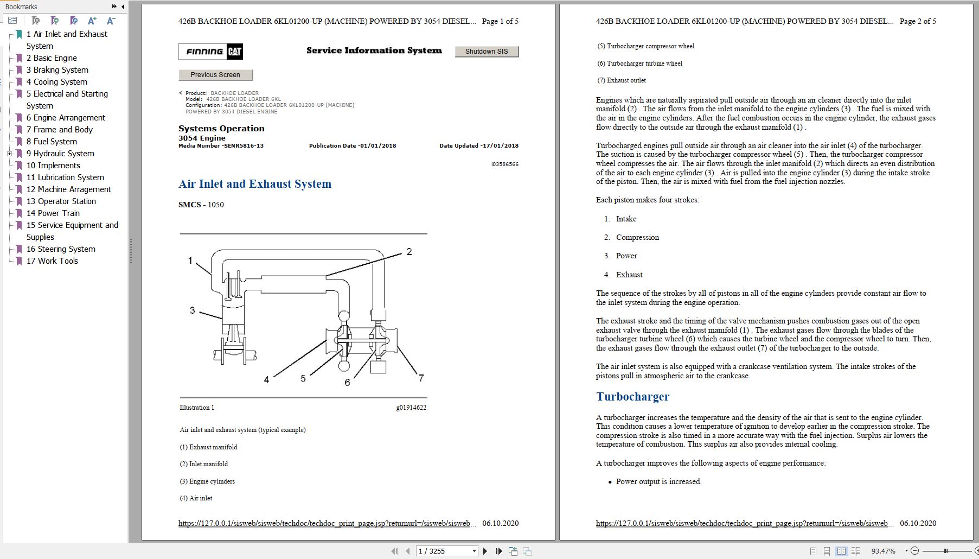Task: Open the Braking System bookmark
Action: tap(60, 70)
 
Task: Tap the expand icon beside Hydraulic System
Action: tap(9, 154)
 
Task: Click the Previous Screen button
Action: tap(215, 75)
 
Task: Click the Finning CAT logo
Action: tap(210, 52)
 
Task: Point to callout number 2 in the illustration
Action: tap(409, 252)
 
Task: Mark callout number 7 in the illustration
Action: tap(421, 378)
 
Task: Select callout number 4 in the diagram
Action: tap(266, 380)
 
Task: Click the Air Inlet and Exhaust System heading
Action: tap(255, 184)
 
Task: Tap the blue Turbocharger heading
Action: tap(632, 397)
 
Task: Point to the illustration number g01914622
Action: tap(411, 408)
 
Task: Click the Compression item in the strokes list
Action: tap(637, 238)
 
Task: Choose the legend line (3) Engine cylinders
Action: tap(207, 481)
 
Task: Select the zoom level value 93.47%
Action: tap(883, 551)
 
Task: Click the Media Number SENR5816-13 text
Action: tap(221, 146)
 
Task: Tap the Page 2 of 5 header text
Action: tap(918, 21)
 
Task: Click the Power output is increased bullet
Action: tap(658, 482)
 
